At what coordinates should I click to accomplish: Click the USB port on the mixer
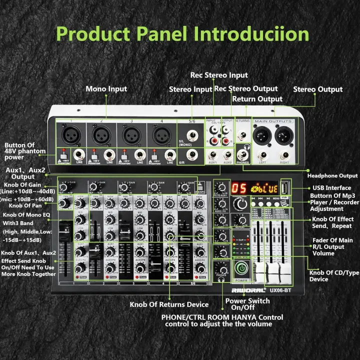tap(285, 187)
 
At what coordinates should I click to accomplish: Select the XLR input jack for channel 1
tap(71, 134)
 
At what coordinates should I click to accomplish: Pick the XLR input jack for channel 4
tap(161, 134)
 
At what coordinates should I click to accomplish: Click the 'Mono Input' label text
tap(106, 89)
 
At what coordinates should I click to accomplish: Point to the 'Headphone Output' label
tap(332, 175)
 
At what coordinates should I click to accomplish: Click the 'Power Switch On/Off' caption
tap(247, 304)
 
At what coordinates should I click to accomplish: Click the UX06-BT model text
tap(279, 288)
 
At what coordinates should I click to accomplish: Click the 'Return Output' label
tap(257, 99)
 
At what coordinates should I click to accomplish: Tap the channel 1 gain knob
tap(63, 187)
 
